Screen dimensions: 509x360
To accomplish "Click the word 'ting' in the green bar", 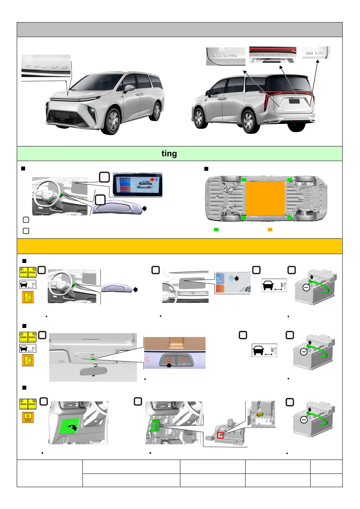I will (x=169, y=154).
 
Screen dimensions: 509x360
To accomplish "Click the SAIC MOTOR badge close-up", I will (x=225, y=56).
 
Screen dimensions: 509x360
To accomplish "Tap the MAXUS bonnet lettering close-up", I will (x=46, y=66).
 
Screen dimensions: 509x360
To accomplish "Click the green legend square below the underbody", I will (x=216, y=230).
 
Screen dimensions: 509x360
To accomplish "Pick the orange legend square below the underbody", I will (x=270, y=230).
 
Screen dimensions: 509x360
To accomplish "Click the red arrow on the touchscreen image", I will (x=153, y=180).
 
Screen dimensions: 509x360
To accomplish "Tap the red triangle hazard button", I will (x=169, y=360).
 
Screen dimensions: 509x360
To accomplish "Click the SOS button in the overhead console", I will (x=184, y=360).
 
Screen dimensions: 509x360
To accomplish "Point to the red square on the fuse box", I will (x=220, y=435).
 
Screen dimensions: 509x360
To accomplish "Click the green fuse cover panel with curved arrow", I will (x=70, y=426).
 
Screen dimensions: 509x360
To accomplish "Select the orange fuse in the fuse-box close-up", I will (x=258, y=415).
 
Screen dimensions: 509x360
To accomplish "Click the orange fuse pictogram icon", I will (x=28, y=417).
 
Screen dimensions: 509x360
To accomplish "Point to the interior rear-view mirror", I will (x=93, y=371).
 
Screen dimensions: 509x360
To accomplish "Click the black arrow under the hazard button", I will (x=169, y=365).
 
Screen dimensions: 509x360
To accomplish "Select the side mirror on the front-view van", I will (x=129, y=88).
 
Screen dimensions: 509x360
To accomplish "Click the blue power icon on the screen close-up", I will (x=231, y=278).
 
